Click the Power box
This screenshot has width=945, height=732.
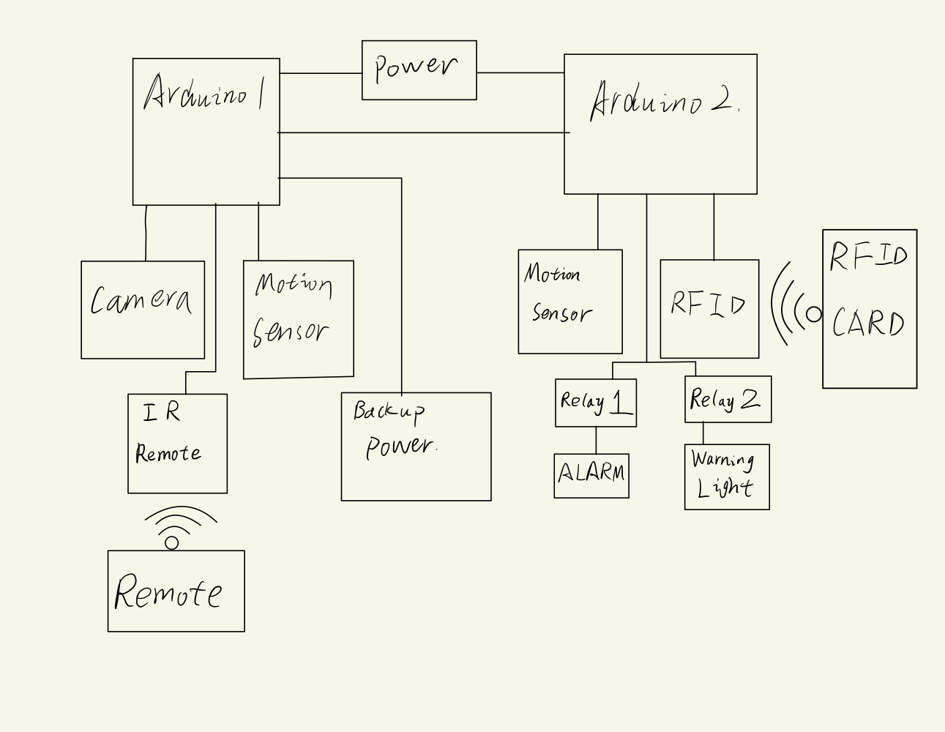[419, 70]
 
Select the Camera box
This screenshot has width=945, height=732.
[143, 310]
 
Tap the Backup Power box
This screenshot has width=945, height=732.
[416, 447]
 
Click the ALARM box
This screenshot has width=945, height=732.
[591, 476]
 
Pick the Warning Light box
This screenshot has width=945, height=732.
[727, 477]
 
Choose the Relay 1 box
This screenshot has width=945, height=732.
[596, 403]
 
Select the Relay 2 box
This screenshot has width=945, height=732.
[728, 399]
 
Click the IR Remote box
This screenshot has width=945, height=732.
[177, 444]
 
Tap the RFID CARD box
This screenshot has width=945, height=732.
[870, 308]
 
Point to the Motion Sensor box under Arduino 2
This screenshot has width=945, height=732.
[570, 302]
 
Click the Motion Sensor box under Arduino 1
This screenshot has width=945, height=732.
[298, 319]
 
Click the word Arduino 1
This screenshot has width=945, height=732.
[204, 94]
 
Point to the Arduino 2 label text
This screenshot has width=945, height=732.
[663, 100]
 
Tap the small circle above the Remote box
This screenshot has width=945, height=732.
[172, 542]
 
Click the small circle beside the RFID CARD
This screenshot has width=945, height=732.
[813, 314]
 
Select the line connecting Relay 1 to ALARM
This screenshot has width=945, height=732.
[596, 440]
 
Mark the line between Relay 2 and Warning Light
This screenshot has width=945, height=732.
[703, 433]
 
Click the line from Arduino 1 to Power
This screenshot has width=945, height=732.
[321, 73]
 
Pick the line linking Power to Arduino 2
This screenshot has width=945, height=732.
[520, 72]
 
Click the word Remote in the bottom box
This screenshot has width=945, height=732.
[168, 592]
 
